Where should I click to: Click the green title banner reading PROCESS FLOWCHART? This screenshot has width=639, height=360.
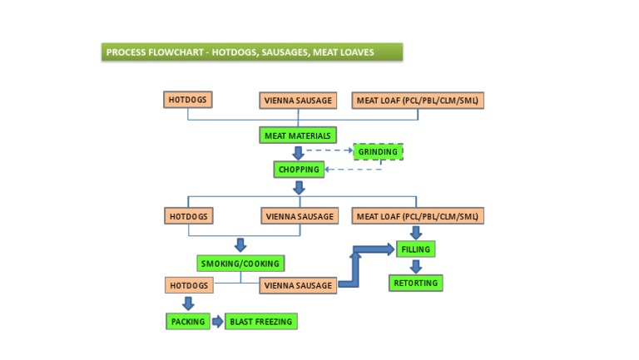tap(250, 52)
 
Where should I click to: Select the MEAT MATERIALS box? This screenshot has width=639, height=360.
tap(298, 136)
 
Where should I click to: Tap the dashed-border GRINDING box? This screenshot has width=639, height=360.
tap(378, 152)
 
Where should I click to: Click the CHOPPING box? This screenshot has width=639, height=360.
tap(299, 170)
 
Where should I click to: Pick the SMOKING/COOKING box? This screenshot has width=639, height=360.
tap(240, 264)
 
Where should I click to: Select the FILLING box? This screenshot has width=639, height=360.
tap(415, 249)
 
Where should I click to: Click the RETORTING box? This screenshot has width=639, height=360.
tap(415, 284)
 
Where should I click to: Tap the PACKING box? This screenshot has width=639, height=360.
tap(187, 321)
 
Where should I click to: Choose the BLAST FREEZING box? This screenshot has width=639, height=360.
tap(260, 321)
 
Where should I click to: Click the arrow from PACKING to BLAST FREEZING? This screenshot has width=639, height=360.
tap(217, 321)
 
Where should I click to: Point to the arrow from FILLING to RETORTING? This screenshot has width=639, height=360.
tap(415, 267)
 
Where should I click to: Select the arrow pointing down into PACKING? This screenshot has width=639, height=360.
tap(187, 303)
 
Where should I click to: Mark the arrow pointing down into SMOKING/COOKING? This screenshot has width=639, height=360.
tap(240, 245)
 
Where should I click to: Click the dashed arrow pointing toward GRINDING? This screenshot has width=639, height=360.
tap(329, 150)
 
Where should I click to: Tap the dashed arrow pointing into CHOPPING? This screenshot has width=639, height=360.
tap(349, 170)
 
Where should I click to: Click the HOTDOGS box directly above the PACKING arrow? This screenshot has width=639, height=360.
tap(189, 285)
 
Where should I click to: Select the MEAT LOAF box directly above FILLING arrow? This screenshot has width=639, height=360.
tap(417, 216)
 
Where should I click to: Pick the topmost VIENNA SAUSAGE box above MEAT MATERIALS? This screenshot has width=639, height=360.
tap(298, 101)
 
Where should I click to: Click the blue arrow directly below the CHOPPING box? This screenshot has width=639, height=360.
tap(299, 188)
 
